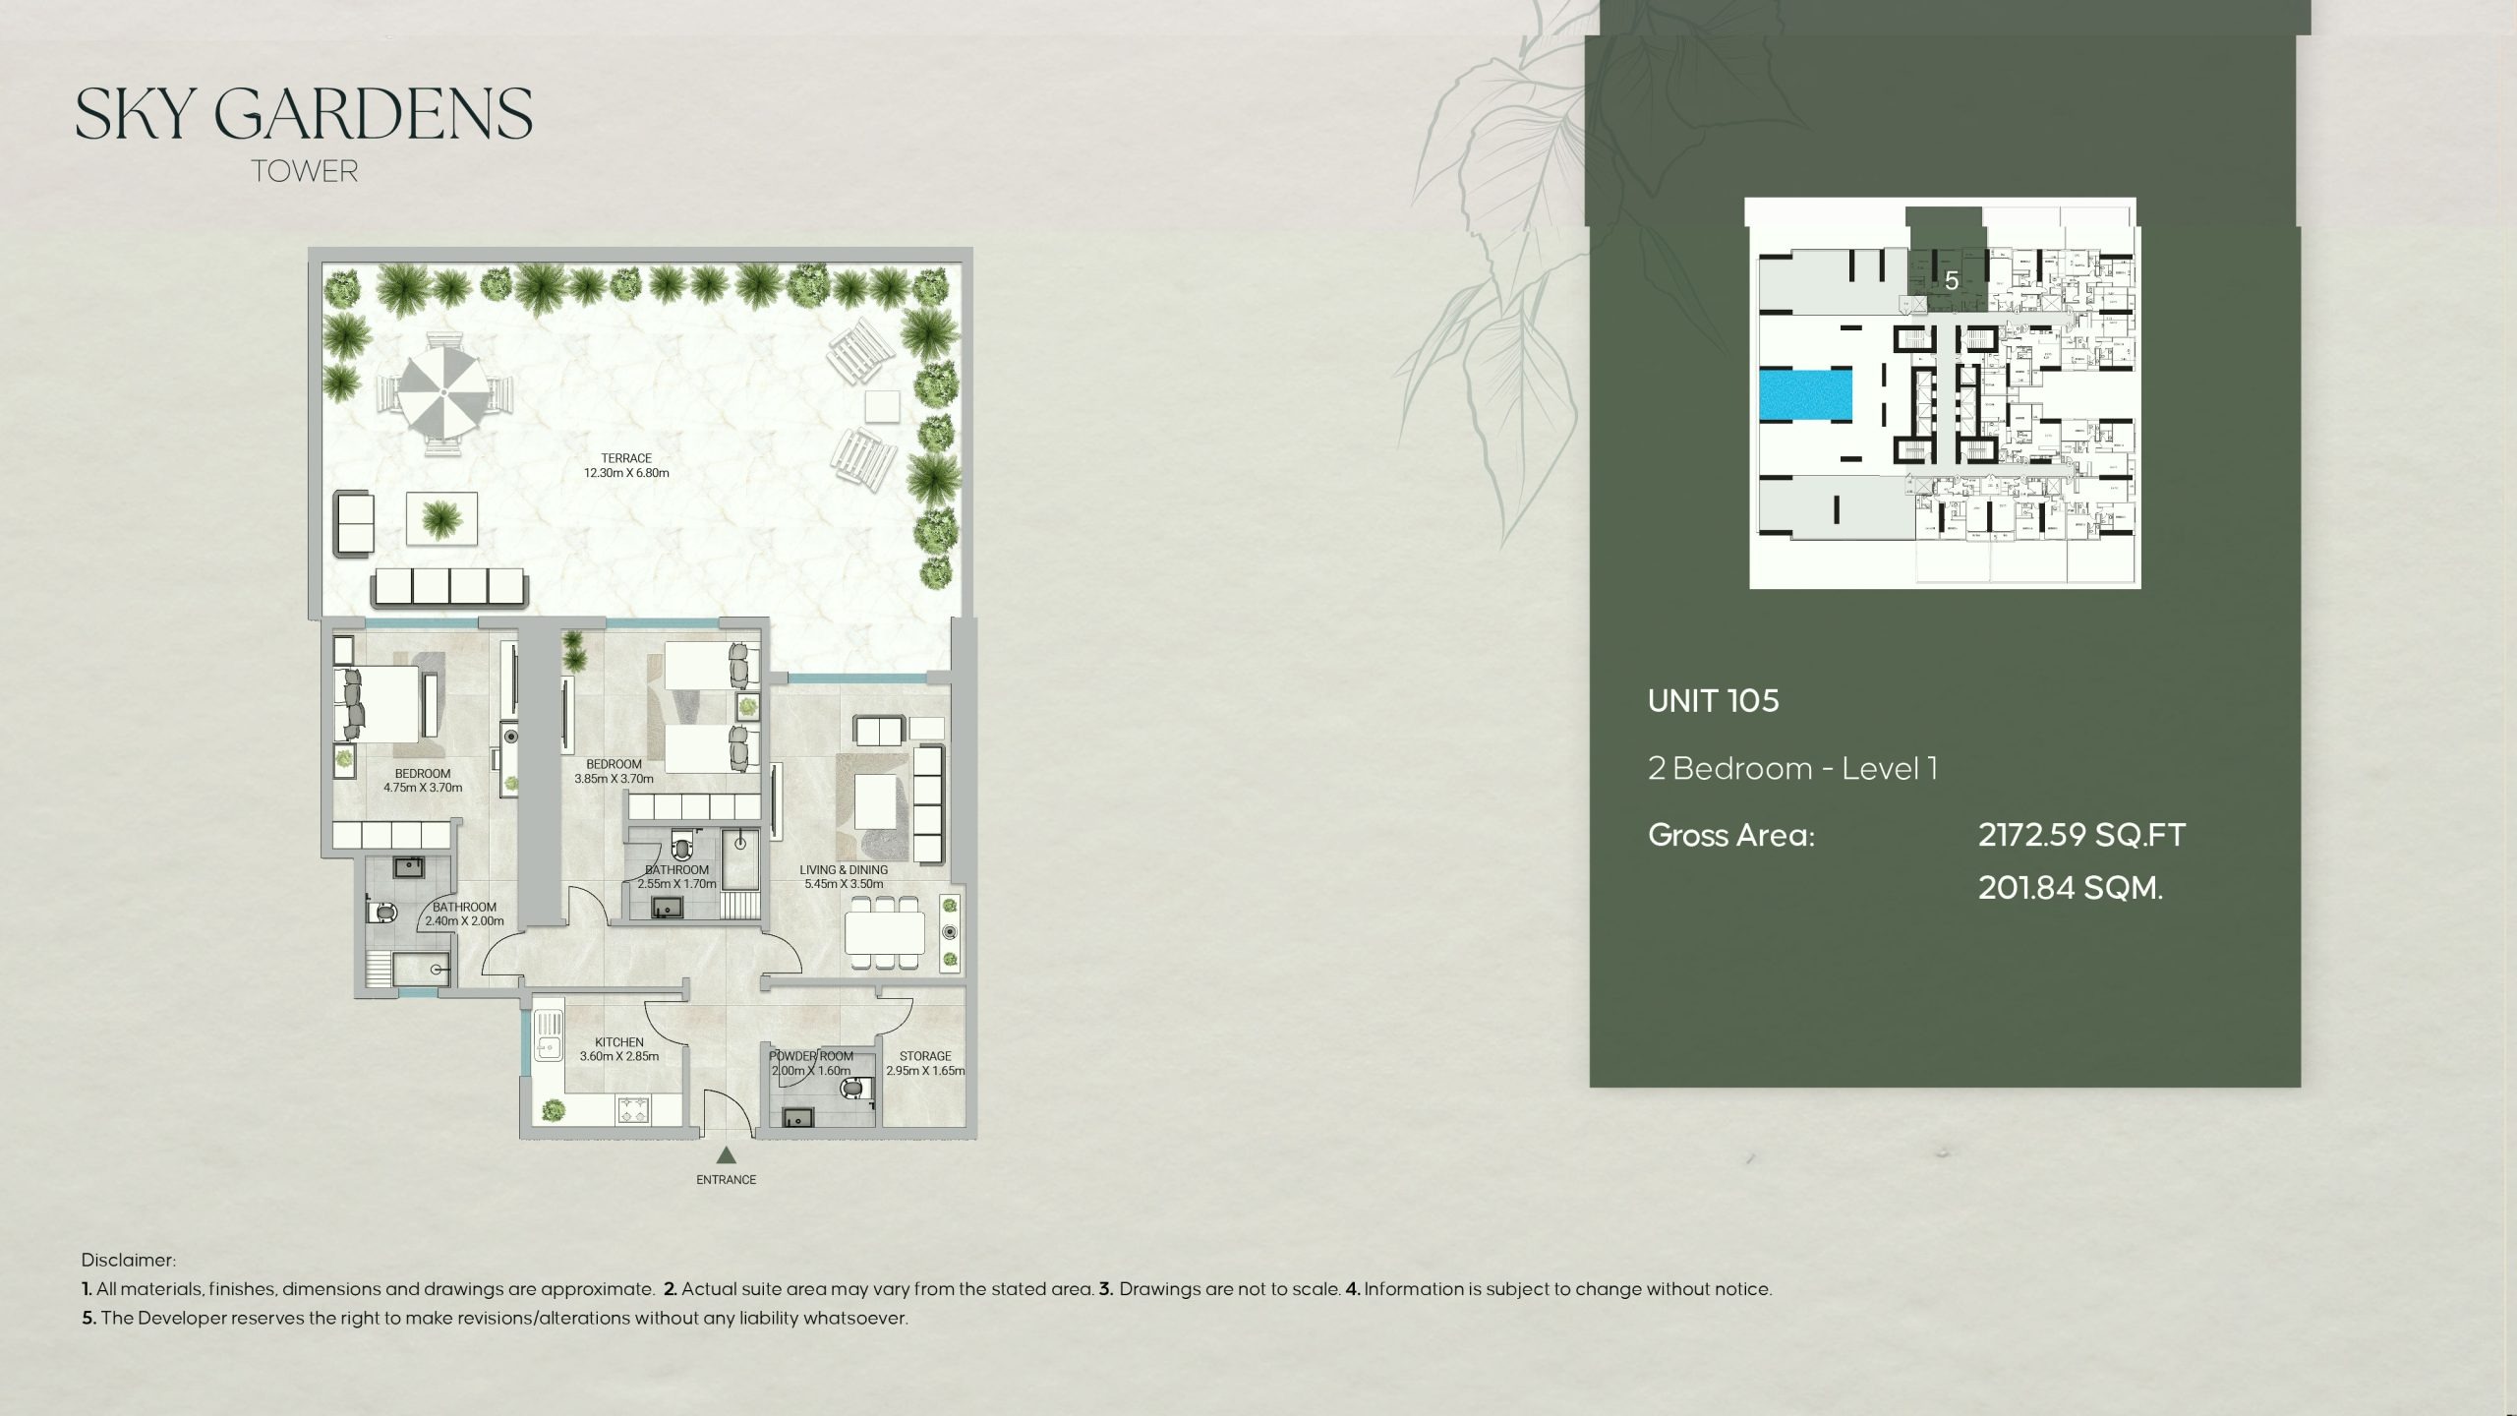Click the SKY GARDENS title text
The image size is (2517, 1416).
[304, 114]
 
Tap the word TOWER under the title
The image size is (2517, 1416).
[304, 172]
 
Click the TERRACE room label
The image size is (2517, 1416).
[626, 458]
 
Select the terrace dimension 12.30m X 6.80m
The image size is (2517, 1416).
[626, 473]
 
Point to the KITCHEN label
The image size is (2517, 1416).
[619, 1042]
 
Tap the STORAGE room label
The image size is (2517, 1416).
[925, 1056]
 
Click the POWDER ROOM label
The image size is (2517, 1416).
[811, 1056]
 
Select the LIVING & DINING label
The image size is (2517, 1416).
[844, 870]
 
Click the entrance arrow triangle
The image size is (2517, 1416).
[727, 1155]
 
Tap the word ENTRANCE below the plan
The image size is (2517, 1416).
[727, 1180]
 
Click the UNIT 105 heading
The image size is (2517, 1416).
[1714, 701]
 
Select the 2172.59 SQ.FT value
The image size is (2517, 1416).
[2081, 835]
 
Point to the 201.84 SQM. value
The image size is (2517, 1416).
[2071, 888]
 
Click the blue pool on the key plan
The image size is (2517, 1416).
[1805, 395]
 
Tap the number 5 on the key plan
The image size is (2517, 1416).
[1952, 281]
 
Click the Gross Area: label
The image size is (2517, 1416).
[1731, 835]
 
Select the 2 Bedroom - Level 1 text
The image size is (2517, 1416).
[1792, 768]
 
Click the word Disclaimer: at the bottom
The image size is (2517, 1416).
[129, 1261]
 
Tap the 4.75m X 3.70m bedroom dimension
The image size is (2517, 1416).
[423, 788]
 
